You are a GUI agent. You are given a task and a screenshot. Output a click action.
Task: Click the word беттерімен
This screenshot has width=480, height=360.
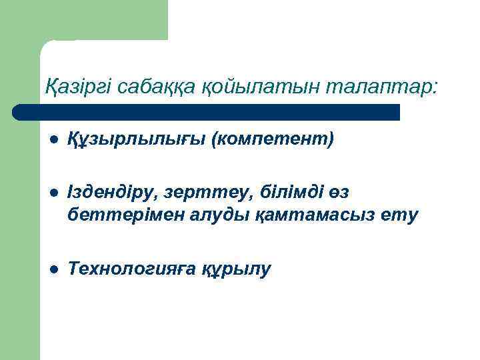[118, 215]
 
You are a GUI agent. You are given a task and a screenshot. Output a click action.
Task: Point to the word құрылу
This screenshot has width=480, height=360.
[237, 269]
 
